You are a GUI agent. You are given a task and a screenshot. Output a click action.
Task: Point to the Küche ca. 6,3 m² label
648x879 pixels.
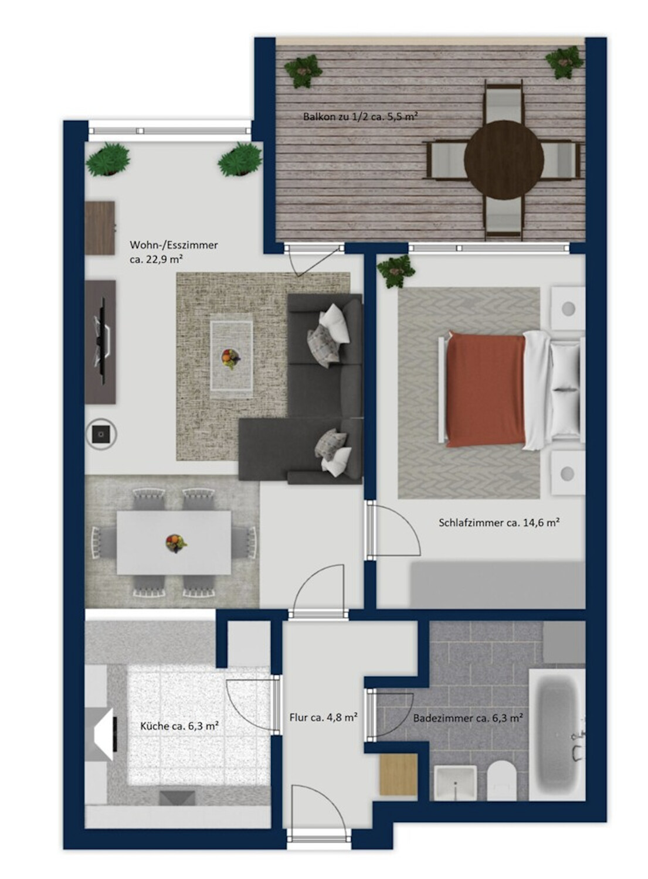click(x=179, y=726)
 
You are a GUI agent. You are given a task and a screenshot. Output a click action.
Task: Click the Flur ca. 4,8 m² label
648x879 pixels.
click(x=324, y=717)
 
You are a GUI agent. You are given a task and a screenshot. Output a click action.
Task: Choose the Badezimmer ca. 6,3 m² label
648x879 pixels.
click(x=468, y=718)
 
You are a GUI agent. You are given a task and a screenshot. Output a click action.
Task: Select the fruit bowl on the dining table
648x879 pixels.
click(x=175, y=542)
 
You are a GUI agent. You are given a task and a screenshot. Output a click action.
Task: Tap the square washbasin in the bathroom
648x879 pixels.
click(x=454, y=781)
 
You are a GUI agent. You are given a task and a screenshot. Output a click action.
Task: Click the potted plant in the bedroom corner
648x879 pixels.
click(x=396, y=271)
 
